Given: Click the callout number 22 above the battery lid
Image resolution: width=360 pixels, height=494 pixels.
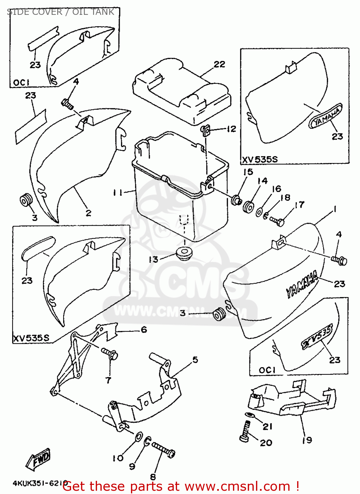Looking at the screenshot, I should (x=219, y=64).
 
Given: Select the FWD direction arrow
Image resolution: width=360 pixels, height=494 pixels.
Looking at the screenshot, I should (x=39, y=458).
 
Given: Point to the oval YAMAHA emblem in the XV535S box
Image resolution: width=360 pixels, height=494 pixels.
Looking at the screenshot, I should (x=325, y=117).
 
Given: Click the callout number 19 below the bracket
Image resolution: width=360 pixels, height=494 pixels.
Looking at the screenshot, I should (x=307, y=440).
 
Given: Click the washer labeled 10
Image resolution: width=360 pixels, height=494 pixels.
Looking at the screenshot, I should (x=139, y=437).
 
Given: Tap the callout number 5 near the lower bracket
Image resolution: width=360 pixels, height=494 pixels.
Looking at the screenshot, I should (x=195, y=360).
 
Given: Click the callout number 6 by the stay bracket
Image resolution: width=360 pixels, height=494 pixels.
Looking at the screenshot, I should (x=144, y=330).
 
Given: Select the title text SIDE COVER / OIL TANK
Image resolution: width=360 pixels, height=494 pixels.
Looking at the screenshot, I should (x=61, y=12).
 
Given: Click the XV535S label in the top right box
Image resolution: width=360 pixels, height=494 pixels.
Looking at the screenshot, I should (x=260, y=160).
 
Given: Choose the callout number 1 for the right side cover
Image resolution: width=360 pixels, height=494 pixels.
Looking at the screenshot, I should (x=335, y=209).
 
